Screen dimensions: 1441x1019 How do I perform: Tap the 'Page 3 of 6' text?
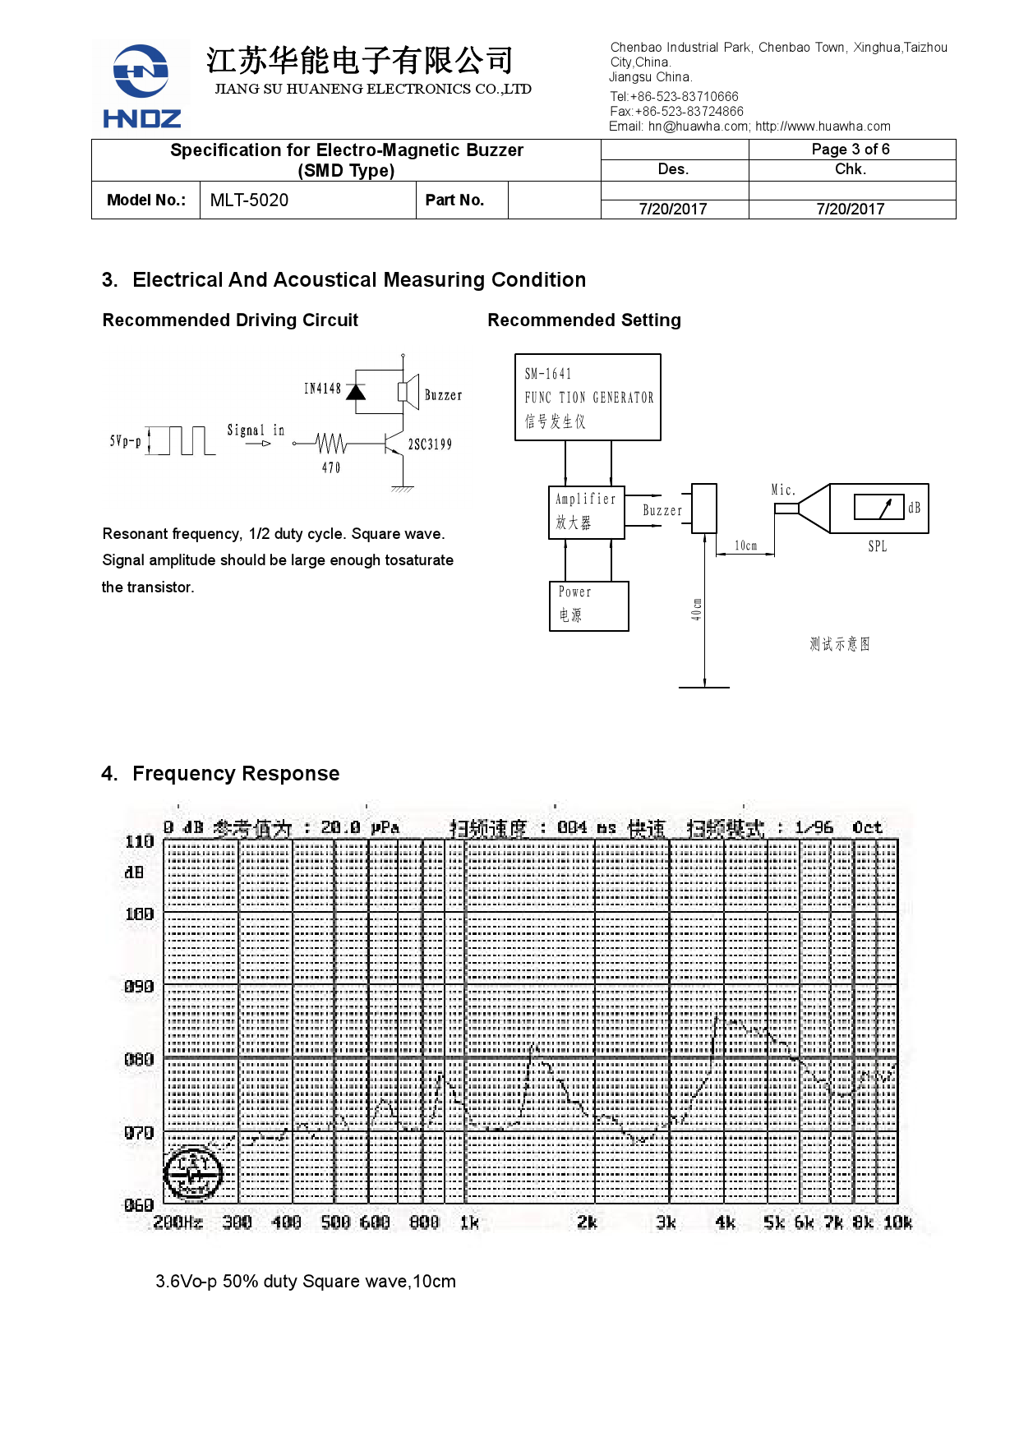point(851,150)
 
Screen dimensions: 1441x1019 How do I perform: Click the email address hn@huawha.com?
point(698,127)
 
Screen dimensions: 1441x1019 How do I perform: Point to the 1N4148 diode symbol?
point(356,392)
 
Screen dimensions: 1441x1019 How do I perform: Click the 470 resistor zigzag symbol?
point(331,444)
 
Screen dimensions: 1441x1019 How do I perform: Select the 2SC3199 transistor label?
point(430,444)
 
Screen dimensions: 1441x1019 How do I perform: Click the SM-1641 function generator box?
point(588,398)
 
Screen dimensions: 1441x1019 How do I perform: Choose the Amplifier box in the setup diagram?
point(586,512)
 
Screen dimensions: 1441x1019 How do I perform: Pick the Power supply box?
point(588,605)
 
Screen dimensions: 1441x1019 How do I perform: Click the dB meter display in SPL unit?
point(878,508)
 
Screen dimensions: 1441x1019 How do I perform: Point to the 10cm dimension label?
point(745,546)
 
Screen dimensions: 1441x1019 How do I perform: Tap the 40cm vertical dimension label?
point(696,609)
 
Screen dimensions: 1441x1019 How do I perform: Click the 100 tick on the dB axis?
point(139,914)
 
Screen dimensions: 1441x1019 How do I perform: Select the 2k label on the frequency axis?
point(587,1222)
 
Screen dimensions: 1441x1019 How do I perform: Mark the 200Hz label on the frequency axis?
point(178,1222)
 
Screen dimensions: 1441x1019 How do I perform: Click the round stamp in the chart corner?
point(193,1173)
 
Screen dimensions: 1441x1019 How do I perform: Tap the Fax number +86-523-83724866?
point(689,112)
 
